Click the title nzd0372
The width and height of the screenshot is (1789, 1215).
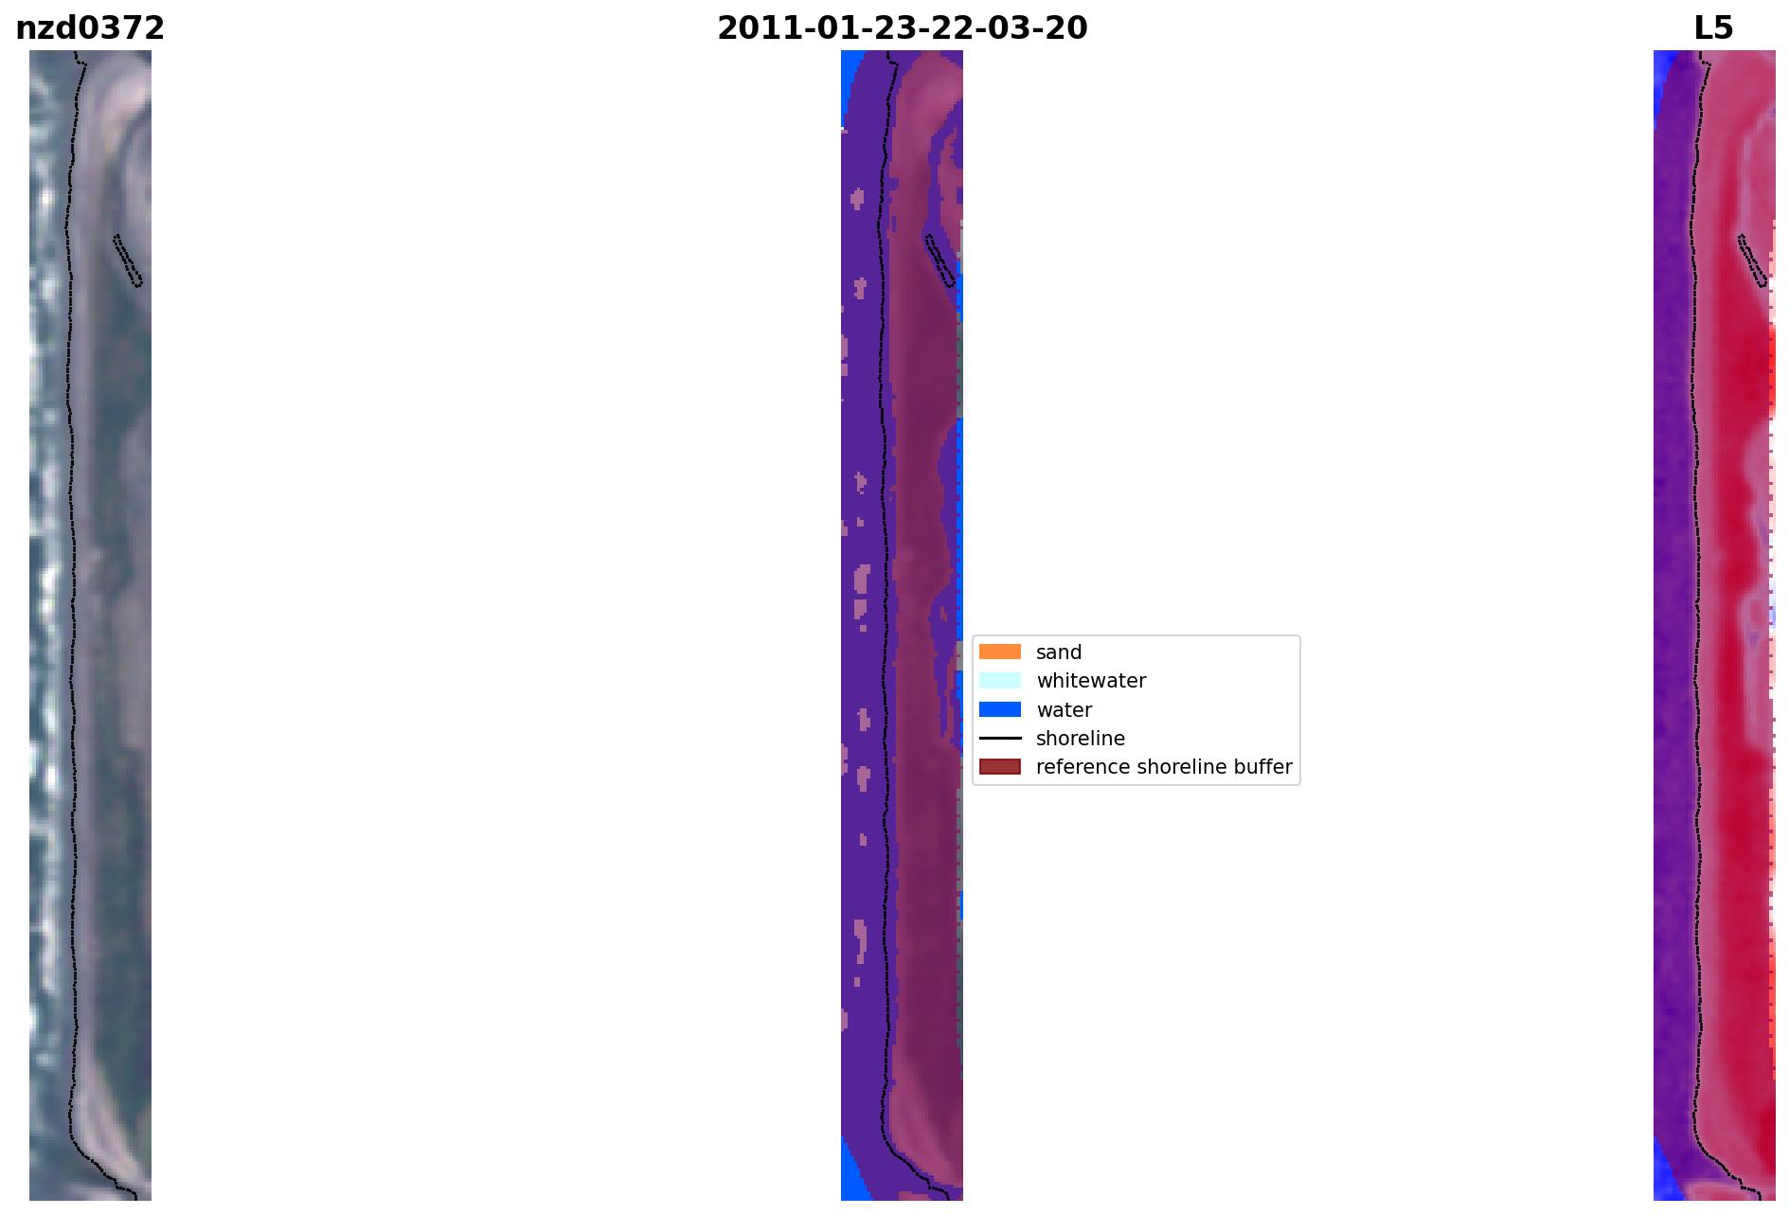pyautogui.click(x=90, y=28)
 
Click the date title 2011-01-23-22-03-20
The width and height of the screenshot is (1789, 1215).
pyautogui.click(x=902, y=28)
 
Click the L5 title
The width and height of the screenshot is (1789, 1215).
pyautogui.click(x=1713, y=28)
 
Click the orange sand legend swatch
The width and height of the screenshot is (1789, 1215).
pyautogui.click(x=1000, y=652)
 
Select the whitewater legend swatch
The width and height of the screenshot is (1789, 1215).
pyautogui.click(x=1000, y=680)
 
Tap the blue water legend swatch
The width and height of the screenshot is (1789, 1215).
pyautogui.click(x=1000, y=709)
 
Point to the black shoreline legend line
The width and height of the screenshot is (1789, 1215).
pyautogui.click(x=1000, y=738)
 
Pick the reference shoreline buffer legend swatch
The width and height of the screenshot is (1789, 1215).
pyautogui.click(x=1000, y=766)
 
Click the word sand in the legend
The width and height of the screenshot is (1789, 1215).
pyautogui.click(x=1059, y=652)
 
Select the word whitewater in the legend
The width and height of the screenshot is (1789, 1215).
pyautogui.click(x=1091, y=681)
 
